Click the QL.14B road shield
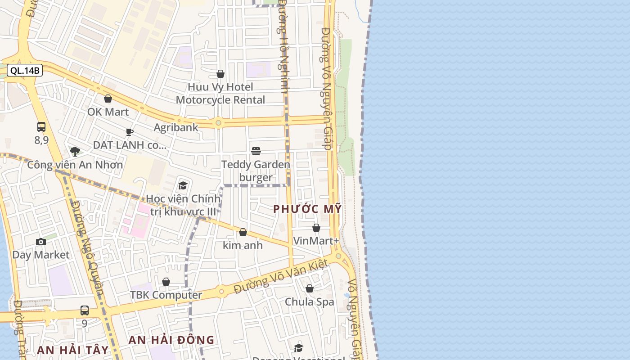point(25,70)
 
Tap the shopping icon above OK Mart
point(108,99)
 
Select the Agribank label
point(176,127)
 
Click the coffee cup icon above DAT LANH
point(130,132)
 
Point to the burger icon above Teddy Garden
point(256,151)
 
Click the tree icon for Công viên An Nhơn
point(75,151)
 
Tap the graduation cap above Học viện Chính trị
point(183,185)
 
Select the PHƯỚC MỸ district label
point(307,209)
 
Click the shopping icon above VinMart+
point(316,228)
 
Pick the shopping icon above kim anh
point(243,232)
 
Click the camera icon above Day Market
point(41,242)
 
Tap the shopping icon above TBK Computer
point(166,282)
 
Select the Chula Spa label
point(310,301)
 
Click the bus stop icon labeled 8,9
point(41,127)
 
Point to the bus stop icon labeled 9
point(85,310)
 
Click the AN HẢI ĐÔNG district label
point(171,340)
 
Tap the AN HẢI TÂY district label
point(73,350)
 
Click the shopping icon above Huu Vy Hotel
point(220,74)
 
